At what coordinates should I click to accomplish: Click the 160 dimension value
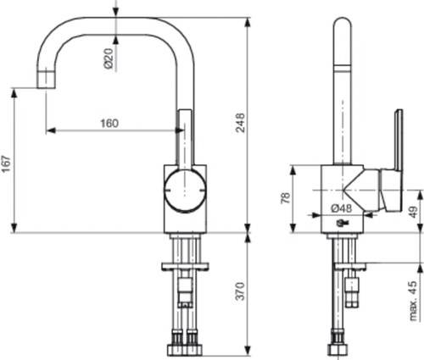(109, 123)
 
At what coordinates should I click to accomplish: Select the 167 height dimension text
(8, 163)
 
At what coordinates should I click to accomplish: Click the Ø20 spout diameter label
(108, 58)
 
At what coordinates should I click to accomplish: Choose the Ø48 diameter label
(342, 208)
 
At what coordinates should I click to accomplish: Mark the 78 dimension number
(286, 198)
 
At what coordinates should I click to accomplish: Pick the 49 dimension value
(413, 212)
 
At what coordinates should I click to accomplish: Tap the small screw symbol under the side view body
(341, 224)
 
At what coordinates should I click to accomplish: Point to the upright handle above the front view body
(184, 136)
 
